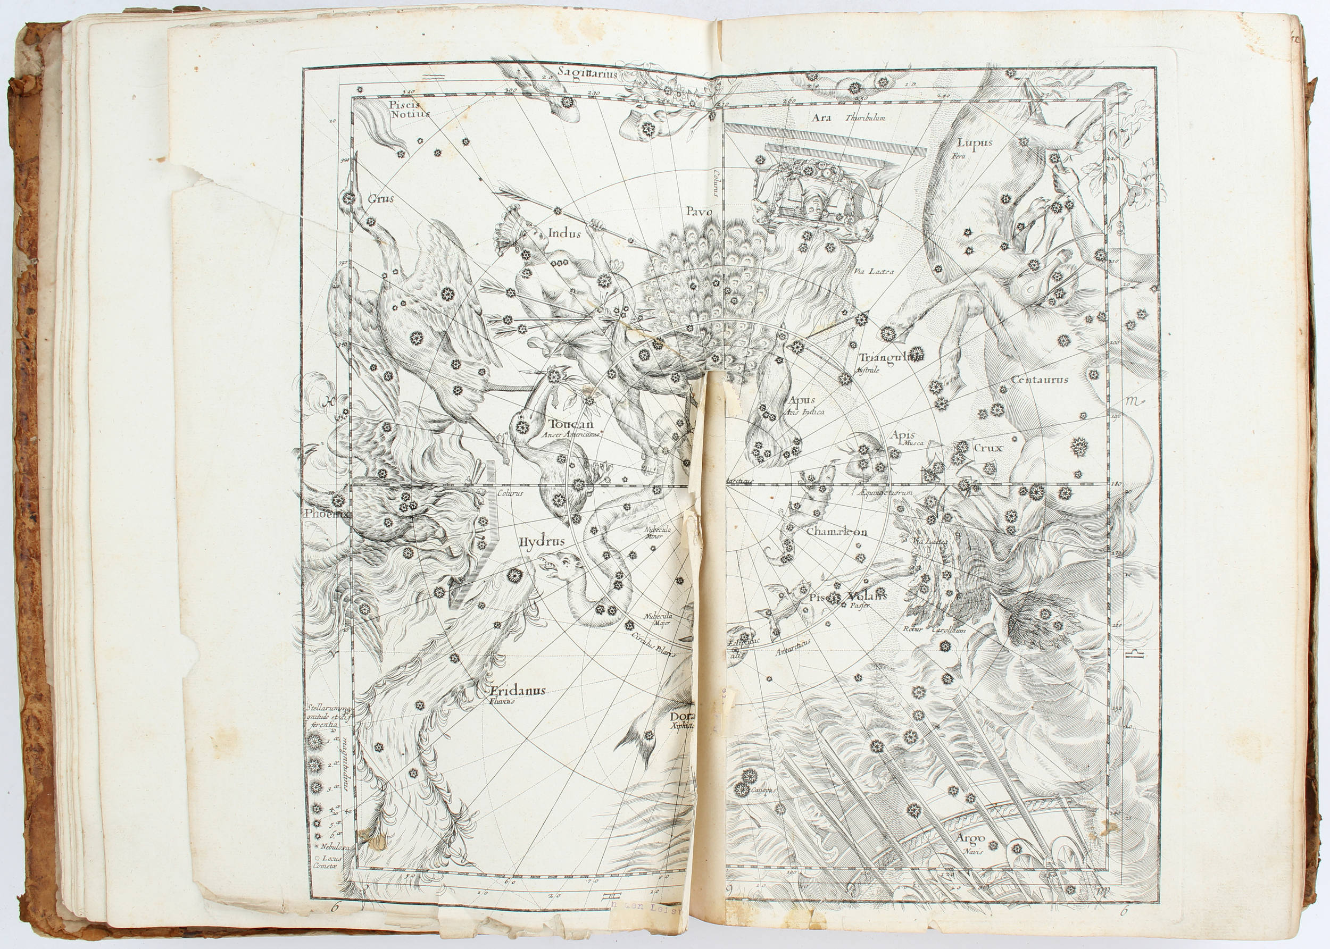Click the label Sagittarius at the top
point(586,72)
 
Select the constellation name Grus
point(380,199)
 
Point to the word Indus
point(564,234)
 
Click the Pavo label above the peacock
point(699,212)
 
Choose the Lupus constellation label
point(975,143)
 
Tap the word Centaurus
point(1040,380)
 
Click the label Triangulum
point(891,358)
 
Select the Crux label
point(988,448)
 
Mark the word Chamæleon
point(837,532)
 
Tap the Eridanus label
point(518,690)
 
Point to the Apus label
point(802,401)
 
